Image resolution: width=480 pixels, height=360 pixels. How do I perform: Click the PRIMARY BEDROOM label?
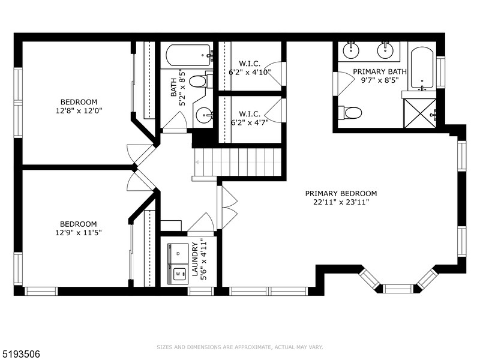coord(341,193)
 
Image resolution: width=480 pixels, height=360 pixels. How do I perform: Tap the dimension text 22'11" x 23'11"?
coord(341,202)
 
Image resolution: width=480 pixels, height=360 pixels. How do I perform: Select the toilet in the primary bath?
coord(350,112)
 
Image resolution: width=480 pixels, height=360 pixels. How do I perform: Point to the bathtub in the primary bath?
coord(422,67)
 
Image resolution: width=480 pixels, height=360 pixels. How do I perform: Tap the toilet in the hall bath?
coord(199,81)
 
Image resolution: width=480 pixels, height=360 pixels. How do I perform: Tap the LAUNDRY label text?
coord(195,259)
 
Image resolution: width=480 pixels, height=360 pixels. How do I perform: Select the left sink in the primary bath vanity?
coord(351,49)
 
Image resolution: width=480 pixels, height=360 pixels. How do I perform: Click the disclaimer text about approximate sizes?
coord(240,347)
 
